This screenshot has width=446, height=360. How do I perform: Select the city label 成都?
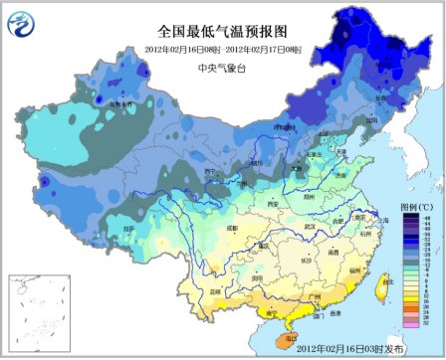click(x=204, y=228)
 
